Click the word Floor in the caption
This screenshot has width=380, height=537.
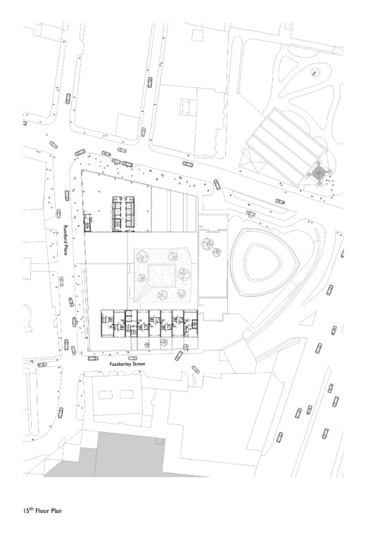tap(43, 511)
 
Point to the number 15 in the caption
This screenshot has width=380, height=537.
tap(25, 511)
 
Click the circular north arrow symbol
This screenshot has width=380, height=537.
tap(315, 72)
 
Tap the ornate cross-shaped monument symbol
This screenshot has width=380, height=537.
tap(319, 174)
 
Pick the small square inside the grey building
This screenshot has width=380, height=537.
tap(160, 441)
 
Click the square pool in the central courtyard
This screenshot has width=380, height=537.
tap(163, 275)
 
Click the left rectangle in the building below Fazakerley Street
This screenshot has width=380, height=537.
tap(106, 395)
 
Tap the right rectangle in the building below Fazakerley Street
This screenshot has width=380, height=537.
tap(127, 394)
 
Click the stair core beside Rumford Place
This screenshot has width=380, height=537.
tap(88, 222)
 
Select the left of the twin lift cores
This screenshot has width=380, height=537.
tap(118, 213)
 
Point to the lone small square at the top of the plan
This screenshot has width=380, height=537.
tap(197, 36)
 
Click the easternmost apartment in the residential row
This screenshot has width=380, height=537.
tap(191, 324)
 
